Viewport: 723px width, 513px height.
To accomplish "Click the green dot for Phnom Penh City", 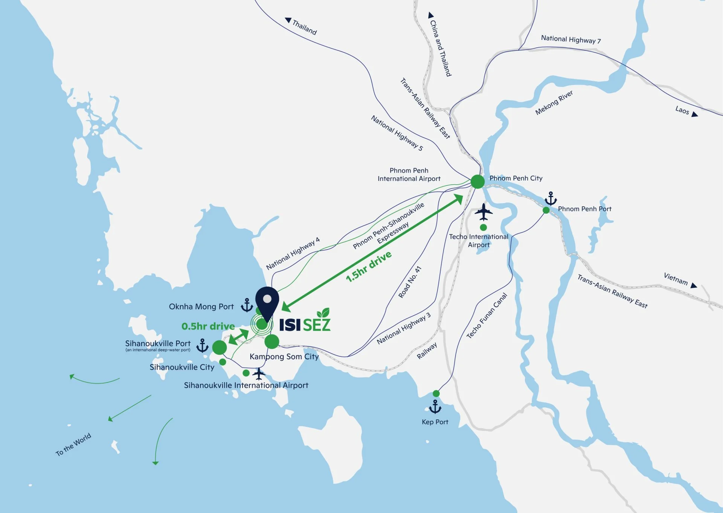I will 477,182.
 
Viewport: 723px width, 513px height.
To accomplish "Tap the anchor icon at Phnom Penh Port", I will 551,198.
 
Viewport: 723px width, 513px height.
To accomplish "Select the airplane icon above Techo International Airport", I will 484,212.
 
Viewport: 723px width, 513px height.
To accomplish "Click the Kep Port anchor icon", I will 435,407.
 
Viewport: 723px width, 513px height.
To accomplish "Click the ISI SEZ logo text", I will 305,324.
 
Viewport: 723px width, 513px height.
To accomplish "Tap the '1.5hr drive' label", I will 369,266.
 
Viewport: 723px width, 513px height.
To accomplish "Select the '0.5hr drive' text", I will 208,326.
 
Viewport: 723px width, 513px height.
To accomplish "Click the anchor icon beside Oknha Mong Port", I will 247,305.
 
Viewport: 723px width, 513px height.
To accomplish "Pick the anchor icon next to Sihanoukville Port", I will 203,346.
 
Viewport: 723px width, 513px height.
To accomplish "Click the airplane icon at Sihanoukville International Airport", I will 259,374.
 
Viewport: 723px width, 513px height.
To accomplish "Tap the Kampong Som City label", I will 284,357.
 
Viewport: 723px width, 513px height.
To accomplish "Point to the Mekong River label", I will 554,102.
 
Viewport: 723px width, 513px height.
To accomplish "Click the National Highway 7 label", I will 570,39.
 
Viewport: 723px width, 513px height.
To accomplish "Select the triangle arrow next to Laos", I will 695,114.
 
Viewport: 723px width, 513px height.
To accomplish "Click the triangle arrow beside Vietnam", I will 694,286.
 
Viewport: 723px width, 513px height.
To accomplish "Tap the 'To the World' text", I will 73,444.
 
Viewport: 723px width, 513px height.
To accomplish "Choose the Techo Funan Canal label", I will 487,316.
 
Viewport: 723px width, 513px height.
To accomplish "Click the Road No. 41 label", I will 410,282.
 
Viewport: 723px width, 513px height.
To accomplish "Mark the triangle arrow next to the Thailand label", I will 288,20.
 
